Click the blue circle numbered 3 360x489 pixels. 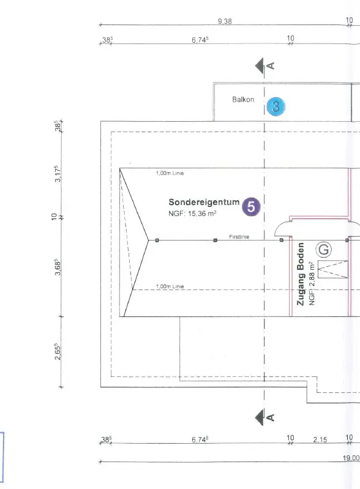[276, 106]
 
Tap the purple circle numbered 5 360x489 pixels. [251, 207]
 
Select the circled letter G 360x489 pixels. [323, 250]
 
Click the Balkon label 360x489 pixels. [243, 100]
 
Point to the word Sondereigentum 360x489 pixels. [204, 202]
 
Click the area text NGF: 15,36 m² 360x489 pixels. [192, 214]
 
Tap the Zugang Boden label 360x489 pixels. [301, 274]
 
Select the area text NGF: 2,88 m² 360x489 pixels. [312, 283]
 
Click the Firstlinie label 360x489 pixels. [239, 237]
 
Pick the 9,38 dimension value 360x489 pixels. [225, 21]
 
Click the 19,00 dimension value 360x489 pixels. [351, 458]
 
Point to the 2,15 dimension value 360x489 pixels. [320, 439]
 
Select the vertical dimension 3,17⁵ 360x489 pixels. [58, 174]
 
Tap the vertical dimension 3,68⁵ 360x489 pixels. [58, 267]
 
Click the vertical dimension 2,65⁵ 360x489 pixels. [58, 351]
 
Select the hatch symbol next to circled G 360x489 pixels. [332, 269]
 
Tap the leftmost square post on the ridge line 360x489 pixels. [157, 240]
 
